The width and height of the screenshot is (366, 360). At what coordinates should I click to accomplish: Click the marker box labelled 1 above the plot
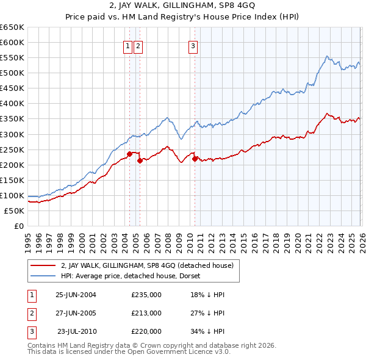(128, 46)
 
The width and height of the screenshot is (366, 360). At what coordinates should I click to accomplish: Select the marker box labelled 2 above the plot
(138, 46)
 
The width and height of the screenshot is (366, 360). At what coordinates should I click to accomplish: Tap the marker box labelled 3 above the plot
(193, 46)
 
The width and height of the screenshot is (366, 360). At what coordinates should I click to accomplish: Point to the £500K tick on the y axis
(12, 73)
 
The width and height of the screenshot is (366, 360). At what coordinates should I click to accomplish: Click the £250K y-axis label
(12, 149)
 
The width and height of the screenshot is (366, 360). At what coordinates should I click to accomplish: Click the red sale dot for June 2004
(129, 154)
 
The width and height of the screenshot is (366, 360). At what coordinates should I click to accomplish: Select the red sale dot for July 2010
(195, 159)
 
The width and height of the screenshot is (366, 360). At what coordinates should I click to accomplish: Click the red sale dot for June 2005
(140, 160)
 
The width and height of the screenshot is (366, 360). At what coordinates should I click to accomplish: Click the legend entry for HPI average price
(135, 276)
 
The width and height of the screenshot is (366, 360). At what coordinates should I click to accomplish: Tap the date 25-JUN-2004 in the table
(76, 295)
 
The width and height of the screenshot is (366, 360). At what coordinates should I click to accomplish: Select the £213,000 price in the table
(146, 313)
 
